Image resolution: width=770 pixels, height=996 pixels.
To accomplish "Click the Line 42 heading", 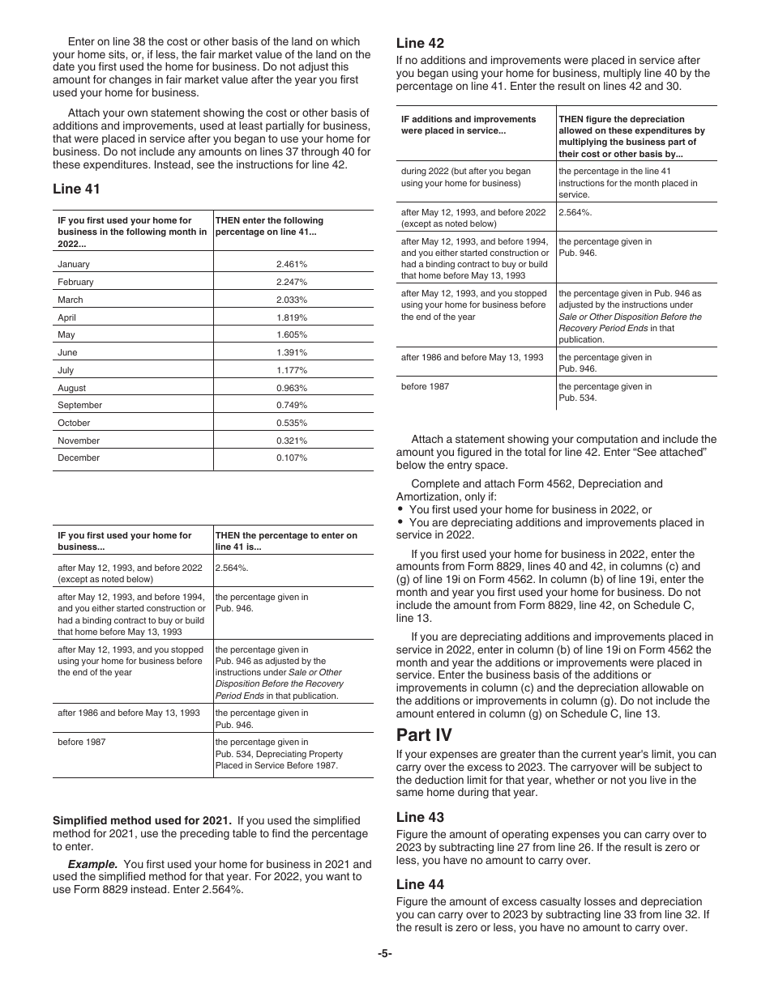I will point(420,43).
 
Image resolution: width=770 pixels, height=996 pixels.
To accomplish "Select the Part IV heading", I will point(424,735).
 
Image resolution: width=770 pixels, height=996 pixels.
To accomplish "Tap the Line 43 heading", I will point(420,817).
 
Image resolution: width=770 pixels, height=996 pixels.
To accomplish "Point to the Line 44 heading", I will point(420,884).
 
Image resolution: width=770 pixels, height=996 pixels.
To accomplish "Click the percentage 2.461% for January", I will point(291,264).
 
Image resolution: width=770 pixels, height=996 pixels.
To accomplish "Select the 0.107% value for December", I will point(291,458).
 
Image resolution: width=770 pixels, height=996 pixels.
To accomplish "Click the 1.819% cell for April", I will point(291,317).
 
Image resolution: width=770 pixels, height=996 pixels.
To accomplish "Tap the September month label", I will point(79,405).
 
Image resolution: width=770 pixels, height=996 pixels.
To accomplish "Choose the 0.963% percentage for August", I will point(291,388).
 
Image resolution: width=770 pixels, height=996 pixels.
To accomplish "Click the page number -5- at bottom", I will point(384,954).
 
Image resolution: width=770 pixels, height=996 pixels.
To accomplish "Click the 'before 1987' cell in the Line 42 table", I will point(425,386).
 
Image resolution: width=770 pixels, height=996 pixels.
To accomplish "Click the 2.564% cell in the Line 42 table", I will point(575,211).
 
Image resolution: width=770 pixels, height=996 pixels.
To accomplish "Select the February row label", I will point(75,282).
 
